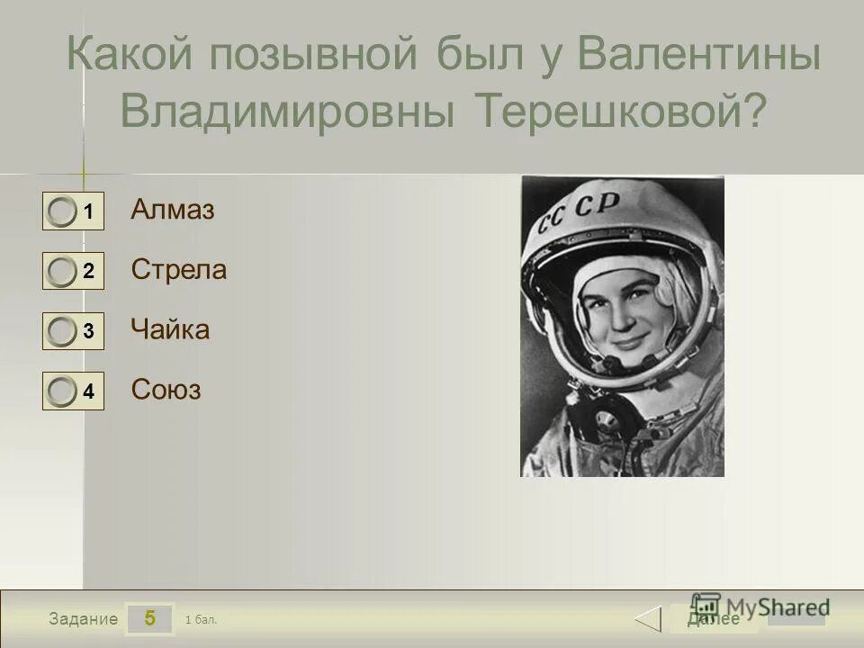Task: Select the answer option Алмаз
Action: tap(173, 211)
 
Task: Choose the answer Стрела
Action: tap(179, 270)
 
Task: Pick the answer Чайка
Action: tap(170, 330)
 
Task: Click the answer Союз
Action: tap(166, 390)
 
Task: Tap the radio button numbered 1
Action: tap(62, 212)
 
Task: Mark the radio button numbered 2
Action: tap(62, 272)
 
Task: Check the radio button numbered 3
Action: tap(62, 332)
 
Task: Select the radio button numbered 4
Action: tap(62, 391)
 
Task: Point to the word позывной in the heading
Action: tap(314, 57)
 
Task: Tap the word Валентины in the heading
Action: tap(698, 57)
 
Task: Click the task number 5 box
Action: tap(149, 618)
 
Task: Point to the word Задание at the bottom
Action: tap(84, 619)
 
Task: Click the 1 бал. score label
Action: tap(201, 619)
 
